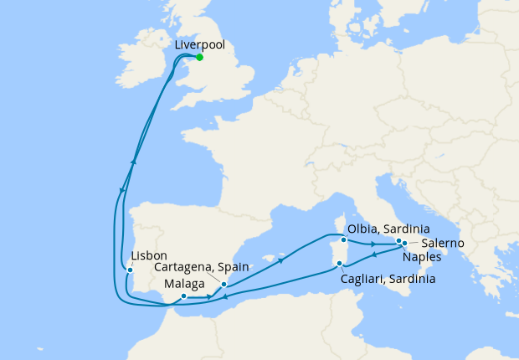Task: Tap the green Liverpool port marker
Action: point(199,58)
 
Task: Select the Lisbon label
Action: point(150,255)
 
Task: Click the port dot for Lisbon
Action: point(129,270)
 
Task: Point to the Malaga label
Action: point(181,284)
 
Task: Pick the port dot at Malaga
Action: point(183,296)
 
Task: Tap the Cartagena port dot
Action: point(224,285)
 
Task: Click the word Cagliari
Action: point(366,280)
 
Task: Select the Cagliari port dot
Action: point(339,265)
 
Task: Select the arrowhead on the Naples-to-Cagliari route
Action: point(374,255)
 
